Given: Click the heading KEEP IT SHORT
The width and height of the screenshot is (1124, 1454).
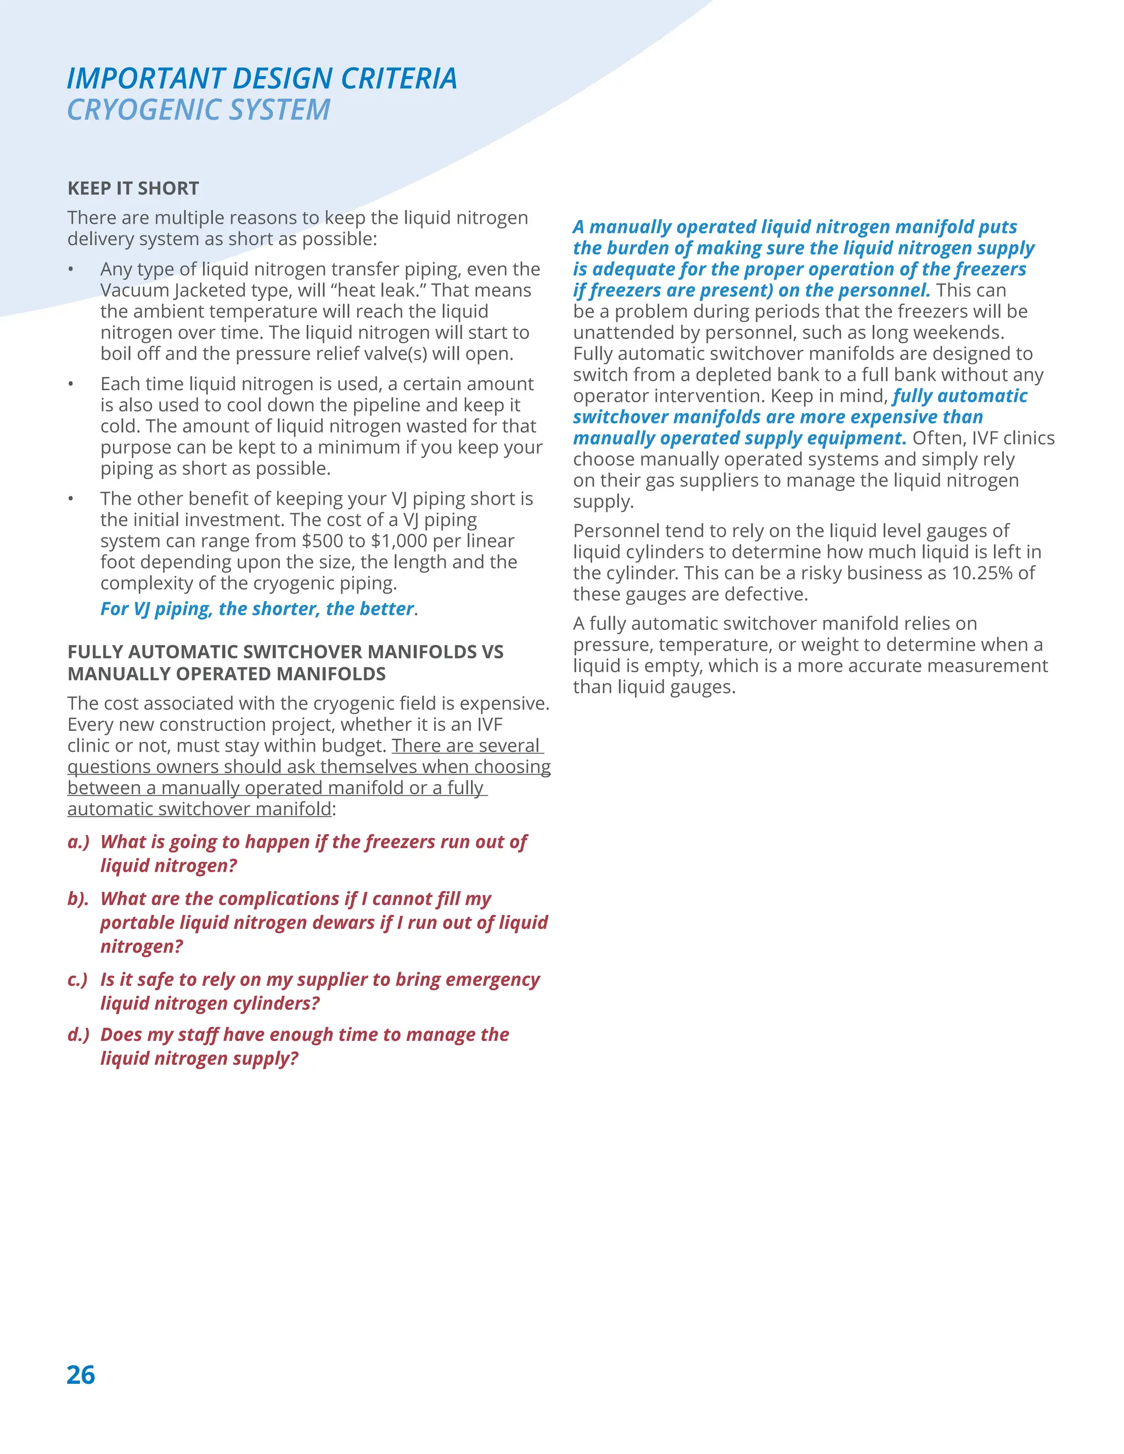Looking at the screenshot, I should click(133, 188).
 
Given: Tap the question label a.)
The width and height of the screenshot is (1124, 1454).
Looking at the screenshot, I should click(78, 842).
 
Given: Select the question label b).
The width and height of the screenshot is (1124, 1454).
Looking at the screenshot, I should click(78, 899).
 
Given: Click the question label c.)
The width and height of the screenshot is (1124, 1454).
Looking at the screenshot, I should click(78, 980).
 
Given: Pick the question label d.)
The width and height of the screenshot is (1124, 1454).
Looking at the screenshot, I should click(78, 1035).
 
